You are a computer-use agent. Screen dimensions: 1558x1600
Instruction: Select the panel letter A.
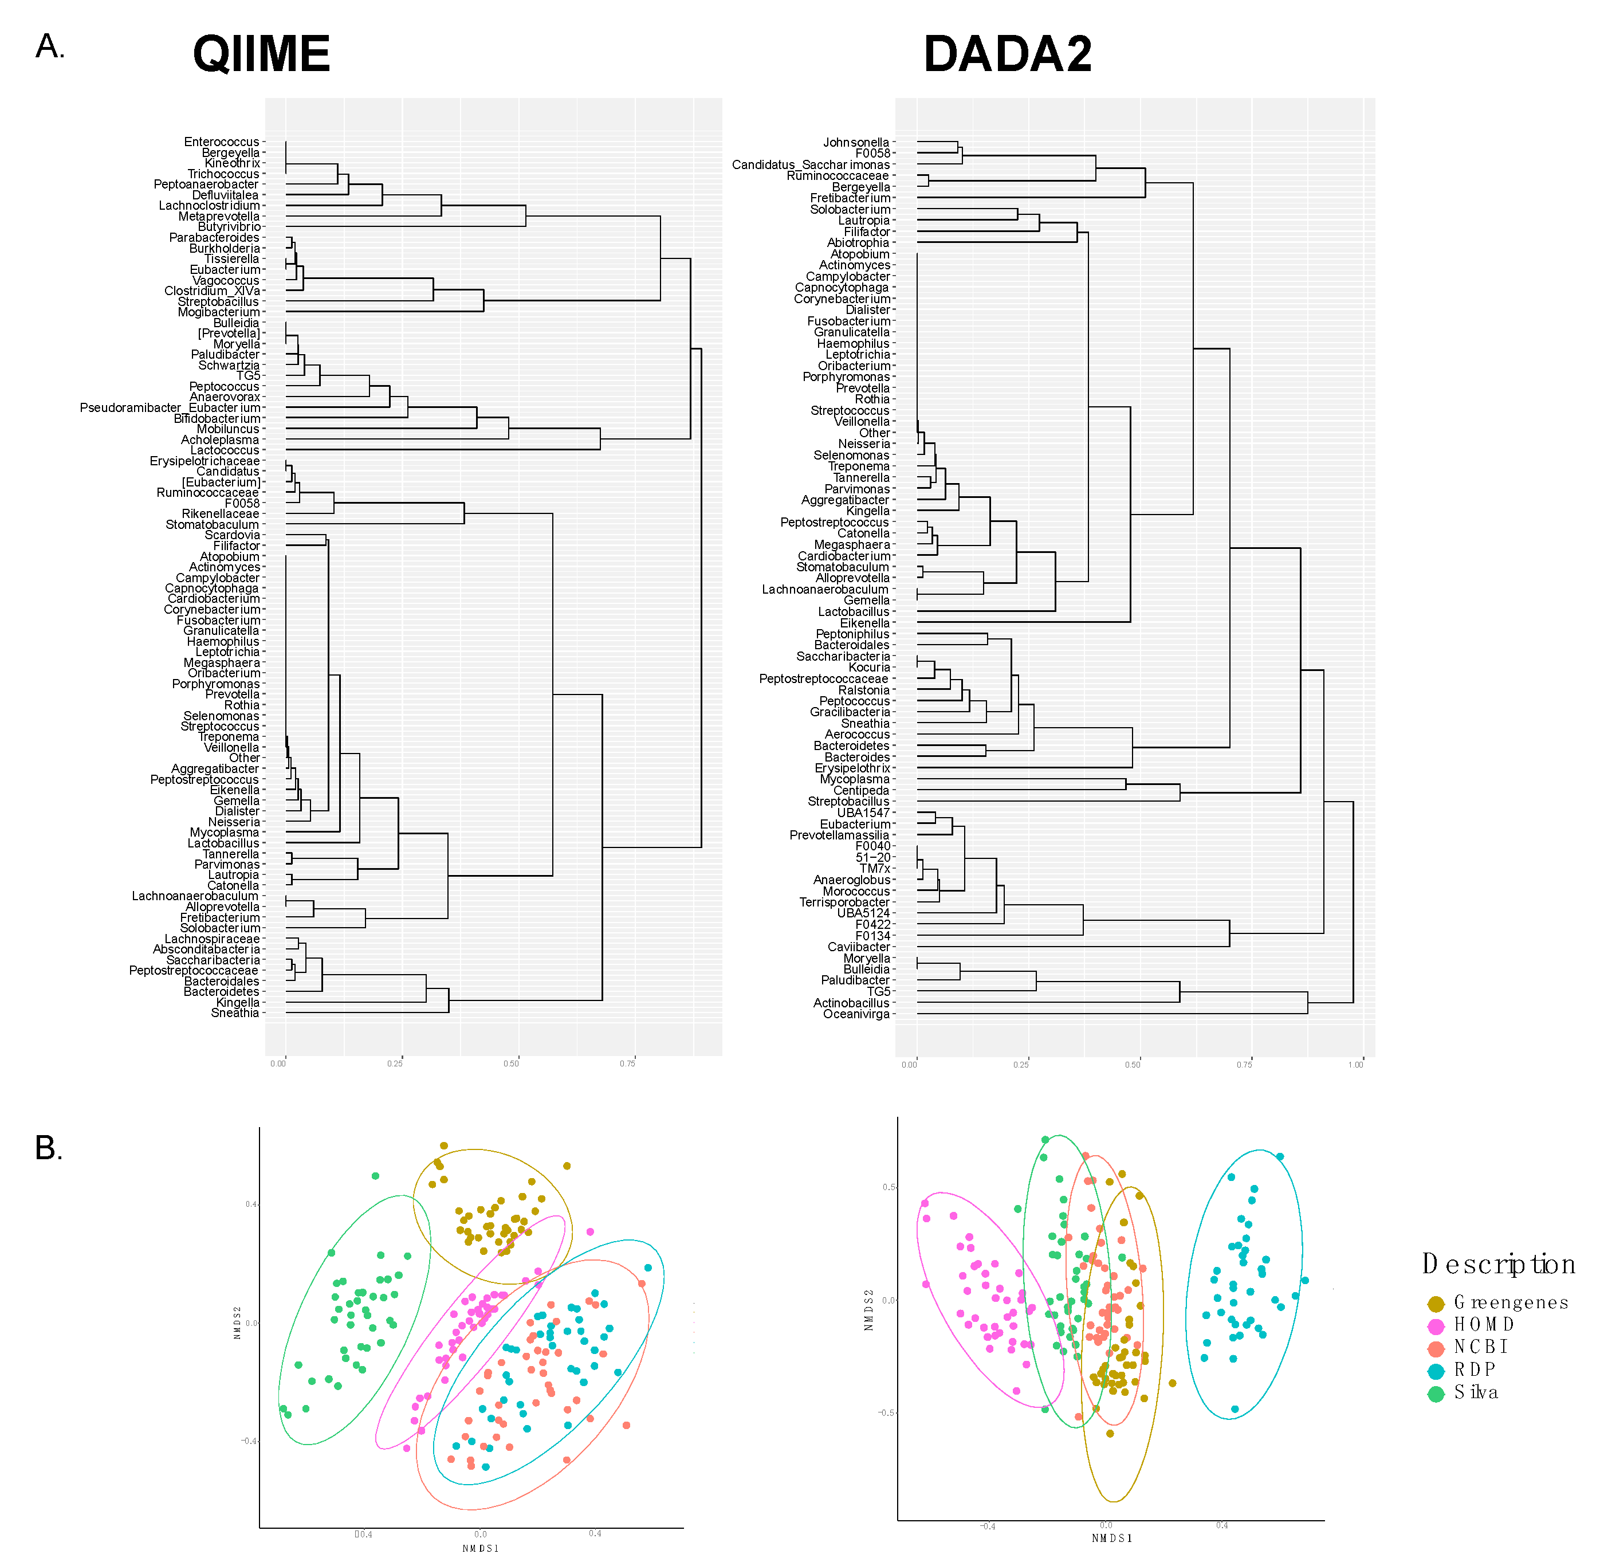point(49,46)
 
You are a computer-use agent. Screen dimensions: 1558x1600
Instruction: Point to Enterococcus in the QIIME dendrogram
point(222,142)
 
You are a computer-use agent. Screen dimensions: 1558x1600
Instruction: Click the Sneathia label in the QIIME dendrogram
point(235,1013)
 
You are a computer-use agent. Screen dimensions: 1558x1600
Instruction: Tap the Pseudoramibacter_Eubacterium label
point(170,407)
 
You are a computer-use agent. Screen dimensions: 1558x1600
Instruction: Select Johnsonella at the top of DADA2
point(856,142)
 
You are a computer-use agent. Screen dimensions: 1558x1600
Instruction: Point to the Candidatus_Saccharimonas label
point(811,164)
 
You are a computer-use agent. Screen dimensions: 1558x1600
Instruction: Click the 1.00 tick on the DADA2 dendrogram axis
point(1355,1065)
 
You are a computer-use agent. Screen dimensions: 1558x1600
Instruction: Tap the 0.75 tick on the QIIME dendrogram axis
point(627,1063)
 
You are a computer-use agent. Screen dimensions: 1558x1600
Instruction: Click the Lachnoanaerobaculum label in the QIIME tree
point(195,896)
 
